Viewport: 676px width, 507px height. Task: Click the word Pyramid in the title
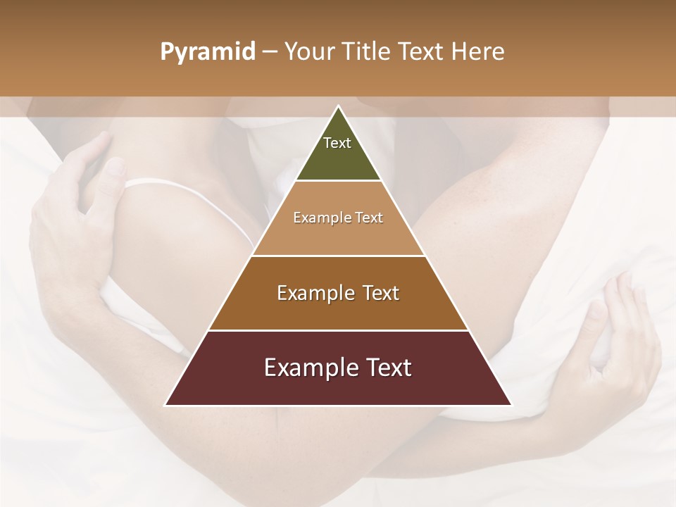tap(208, 53)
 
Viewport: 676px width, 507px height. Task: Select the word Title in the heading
tap(366, 52)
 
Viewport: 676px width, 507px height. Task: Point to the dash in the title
tap(270, 53)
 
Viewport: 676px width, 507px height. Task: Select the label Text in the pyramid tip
tap(337, 143)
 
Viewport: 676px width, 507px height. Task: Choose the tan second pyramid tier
tap(338, 236)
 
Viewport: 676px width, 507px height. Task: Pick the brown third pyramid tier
tap(338, 310)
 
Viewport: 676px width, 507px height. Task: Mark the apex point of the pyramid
tap(338, 106)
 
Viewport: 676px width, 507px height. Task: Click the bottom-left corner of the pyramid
tap(165, 406)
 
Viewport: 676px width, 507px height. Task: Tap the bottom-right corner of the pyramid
tap(511, 406)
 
